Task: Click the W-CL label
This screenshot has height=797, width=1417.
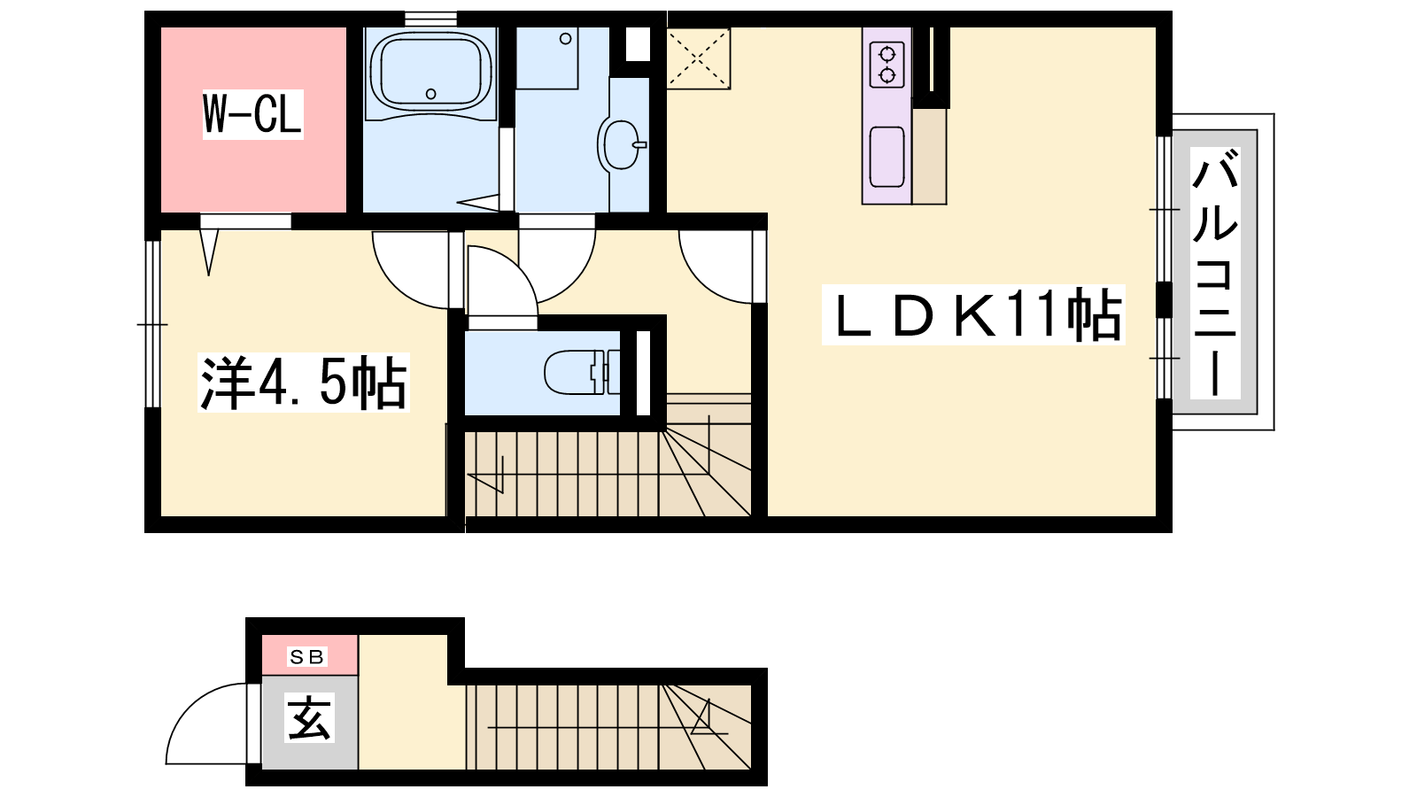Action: click(x=252, y=114)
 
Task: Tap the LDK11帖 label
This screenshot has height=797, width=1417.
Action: click(x=973, y=314)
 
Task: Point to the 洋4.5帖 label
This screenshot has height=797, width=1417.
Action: click(x=304, y=383)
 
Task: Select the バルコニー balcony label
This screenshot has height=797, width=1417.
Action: click(x=1214, y=273)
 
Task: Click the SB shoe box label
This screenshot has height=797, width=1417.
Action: click(x=306, y=656)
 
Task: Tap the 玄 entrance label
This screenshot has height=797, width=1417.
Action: click(x=309, y=718)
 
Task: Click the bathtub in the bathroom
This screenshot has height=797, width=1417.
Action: click(x=430, y=69)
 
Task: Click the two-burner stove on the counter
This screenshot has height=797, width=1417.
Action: click(x=887, y=65)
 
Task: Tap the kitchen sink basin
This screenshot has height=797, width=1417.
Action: click(x=887, y=157)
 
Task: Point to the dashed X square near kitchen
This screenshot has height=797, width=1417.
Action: click(x=699, y=58)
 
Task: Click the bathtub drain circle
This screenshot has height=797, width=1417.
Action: click(x=430, y=94)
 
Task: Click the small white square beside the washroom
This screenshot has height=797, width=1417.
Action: click(x=638, y=44)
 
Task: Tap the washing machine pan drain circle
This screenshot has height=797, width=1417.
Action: click(x=566, y=39)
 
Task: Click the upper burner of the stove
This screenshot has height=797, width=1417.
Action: click(x=887, y=52)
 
